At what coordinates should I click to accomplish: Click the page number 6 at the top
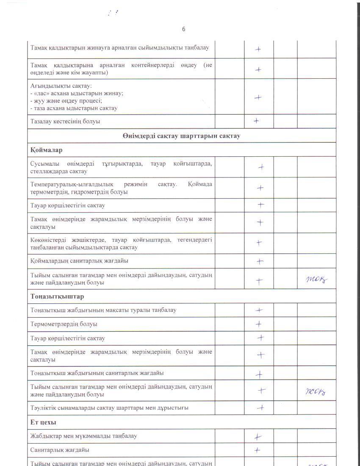point(183,29)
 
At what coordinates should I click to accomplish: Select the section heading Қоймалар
point(47,150)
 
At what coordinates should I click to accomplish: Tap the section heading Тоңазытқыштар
point(57,296)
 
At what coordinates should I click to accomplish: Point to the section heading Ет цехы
point(44,422)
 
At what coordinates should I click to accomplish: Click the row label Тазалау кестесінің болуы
point(65,122)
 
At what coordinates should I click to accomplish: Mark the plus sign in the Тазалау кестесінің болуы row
point(257,121)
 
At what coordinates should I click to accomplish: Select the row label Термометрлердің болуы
point(64,324)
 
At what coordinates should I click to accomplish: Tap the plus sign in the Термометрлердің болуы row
point(258,324)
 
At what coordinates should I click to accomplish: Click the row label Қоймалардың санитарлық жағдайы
point(79,261)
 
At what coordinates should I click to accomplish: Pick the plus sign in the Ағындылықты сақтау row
point(258,97)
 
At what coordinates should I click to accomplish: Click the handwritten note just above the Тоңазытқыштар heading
point(317,279)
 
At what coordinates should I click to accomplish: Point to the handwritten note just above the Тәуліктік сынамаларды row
point(315,391)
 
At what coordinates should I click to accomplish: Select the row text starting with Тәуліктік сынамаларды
point(109,408)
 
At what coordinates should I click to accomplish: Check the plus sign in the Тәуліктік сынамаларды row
point(261,408)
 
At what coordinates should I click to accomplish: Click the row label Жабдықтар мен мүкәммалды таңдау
point(83,436)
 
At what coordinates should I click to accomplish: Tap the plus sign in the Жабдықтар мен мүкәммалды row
point(258,437)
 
